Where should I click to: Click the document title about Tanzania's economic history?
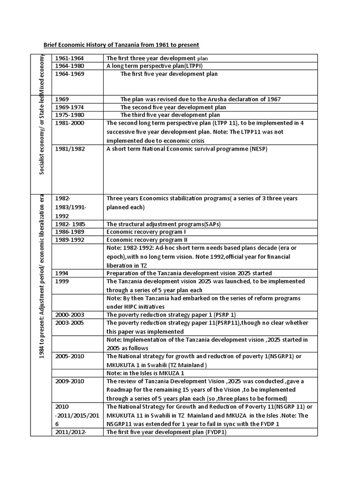point(121,45)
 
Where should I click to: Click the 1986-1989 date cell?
point(70,232)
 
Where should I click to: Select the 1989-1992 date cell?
point(70,240)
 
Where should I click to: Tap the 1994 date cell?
point(62,273)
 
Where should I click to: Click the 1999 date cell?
point(62,281)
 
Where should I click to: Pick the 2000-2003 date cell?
point(70,315)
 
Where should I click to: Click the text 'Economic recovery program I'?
point(146,232)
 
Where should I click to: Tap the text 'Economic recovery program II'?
point(147,240)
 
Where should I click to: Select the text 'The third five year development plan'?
point(170,115)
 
